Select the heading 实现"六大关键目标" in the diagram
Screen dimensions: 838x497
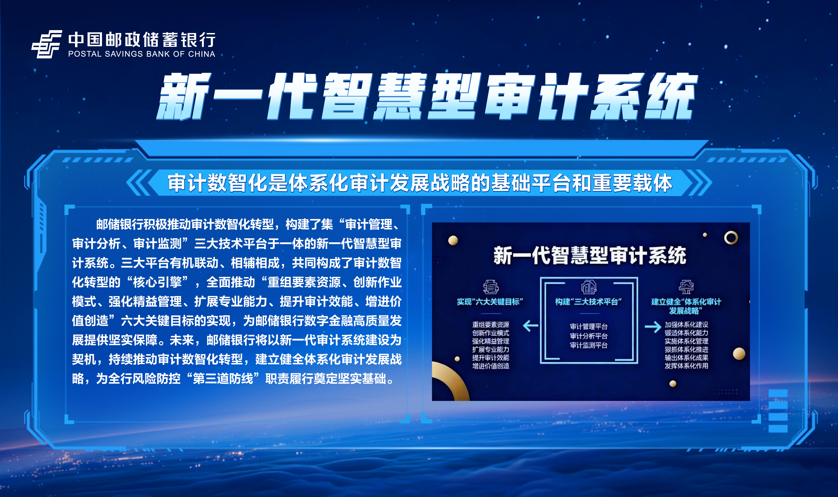490,302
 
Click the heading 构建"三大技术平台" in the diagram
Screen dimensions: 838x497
588,302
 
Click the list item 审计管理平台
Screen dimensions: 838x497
589,326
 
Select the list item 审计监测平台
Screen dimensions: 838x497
589,345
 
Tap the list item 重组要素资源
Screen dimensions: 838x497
491,325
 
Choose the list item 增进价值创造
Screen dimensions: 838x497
491,366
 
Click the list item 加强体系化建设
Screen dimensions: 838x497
687,325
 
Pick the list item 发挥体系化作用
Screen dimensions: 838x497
687,366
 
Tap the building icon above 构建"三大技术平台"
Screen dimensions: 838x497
589,287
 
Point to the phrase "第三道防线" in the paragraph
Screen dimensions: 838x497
223,379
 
